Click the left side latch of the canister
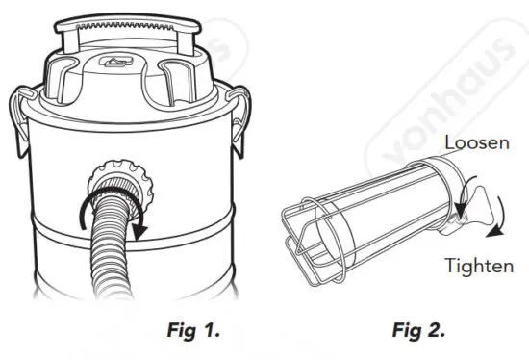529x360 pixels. click(x=21, y=120)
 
